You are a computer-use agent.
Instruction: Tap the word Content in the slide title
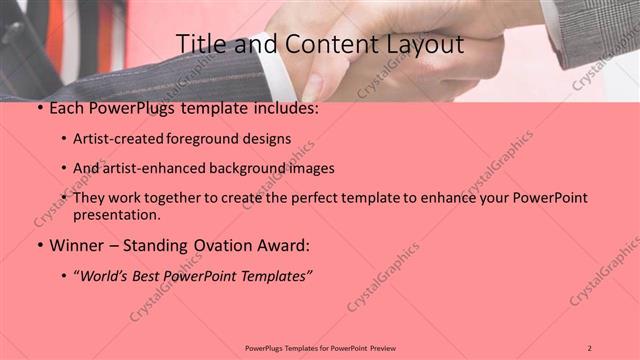click(x=324, y=45)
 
